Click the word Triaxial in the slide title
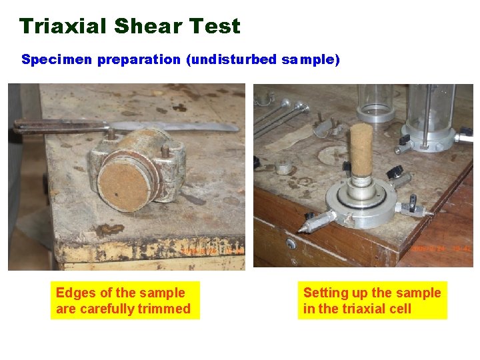pos(63,27)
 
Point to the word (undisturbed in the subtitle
pos(231,60)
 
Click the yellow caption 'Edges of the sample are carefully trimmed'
pos(125,301)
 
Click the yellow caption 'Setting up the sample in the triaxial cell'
pos(372,301)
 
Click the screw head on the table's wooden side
pos(291,244)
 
